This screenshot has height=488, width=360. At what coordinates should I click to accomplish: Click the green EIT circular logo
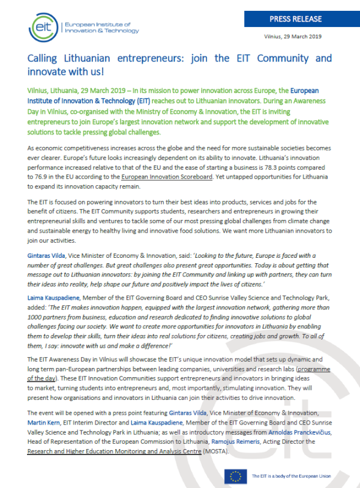(x=44, y=25)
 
